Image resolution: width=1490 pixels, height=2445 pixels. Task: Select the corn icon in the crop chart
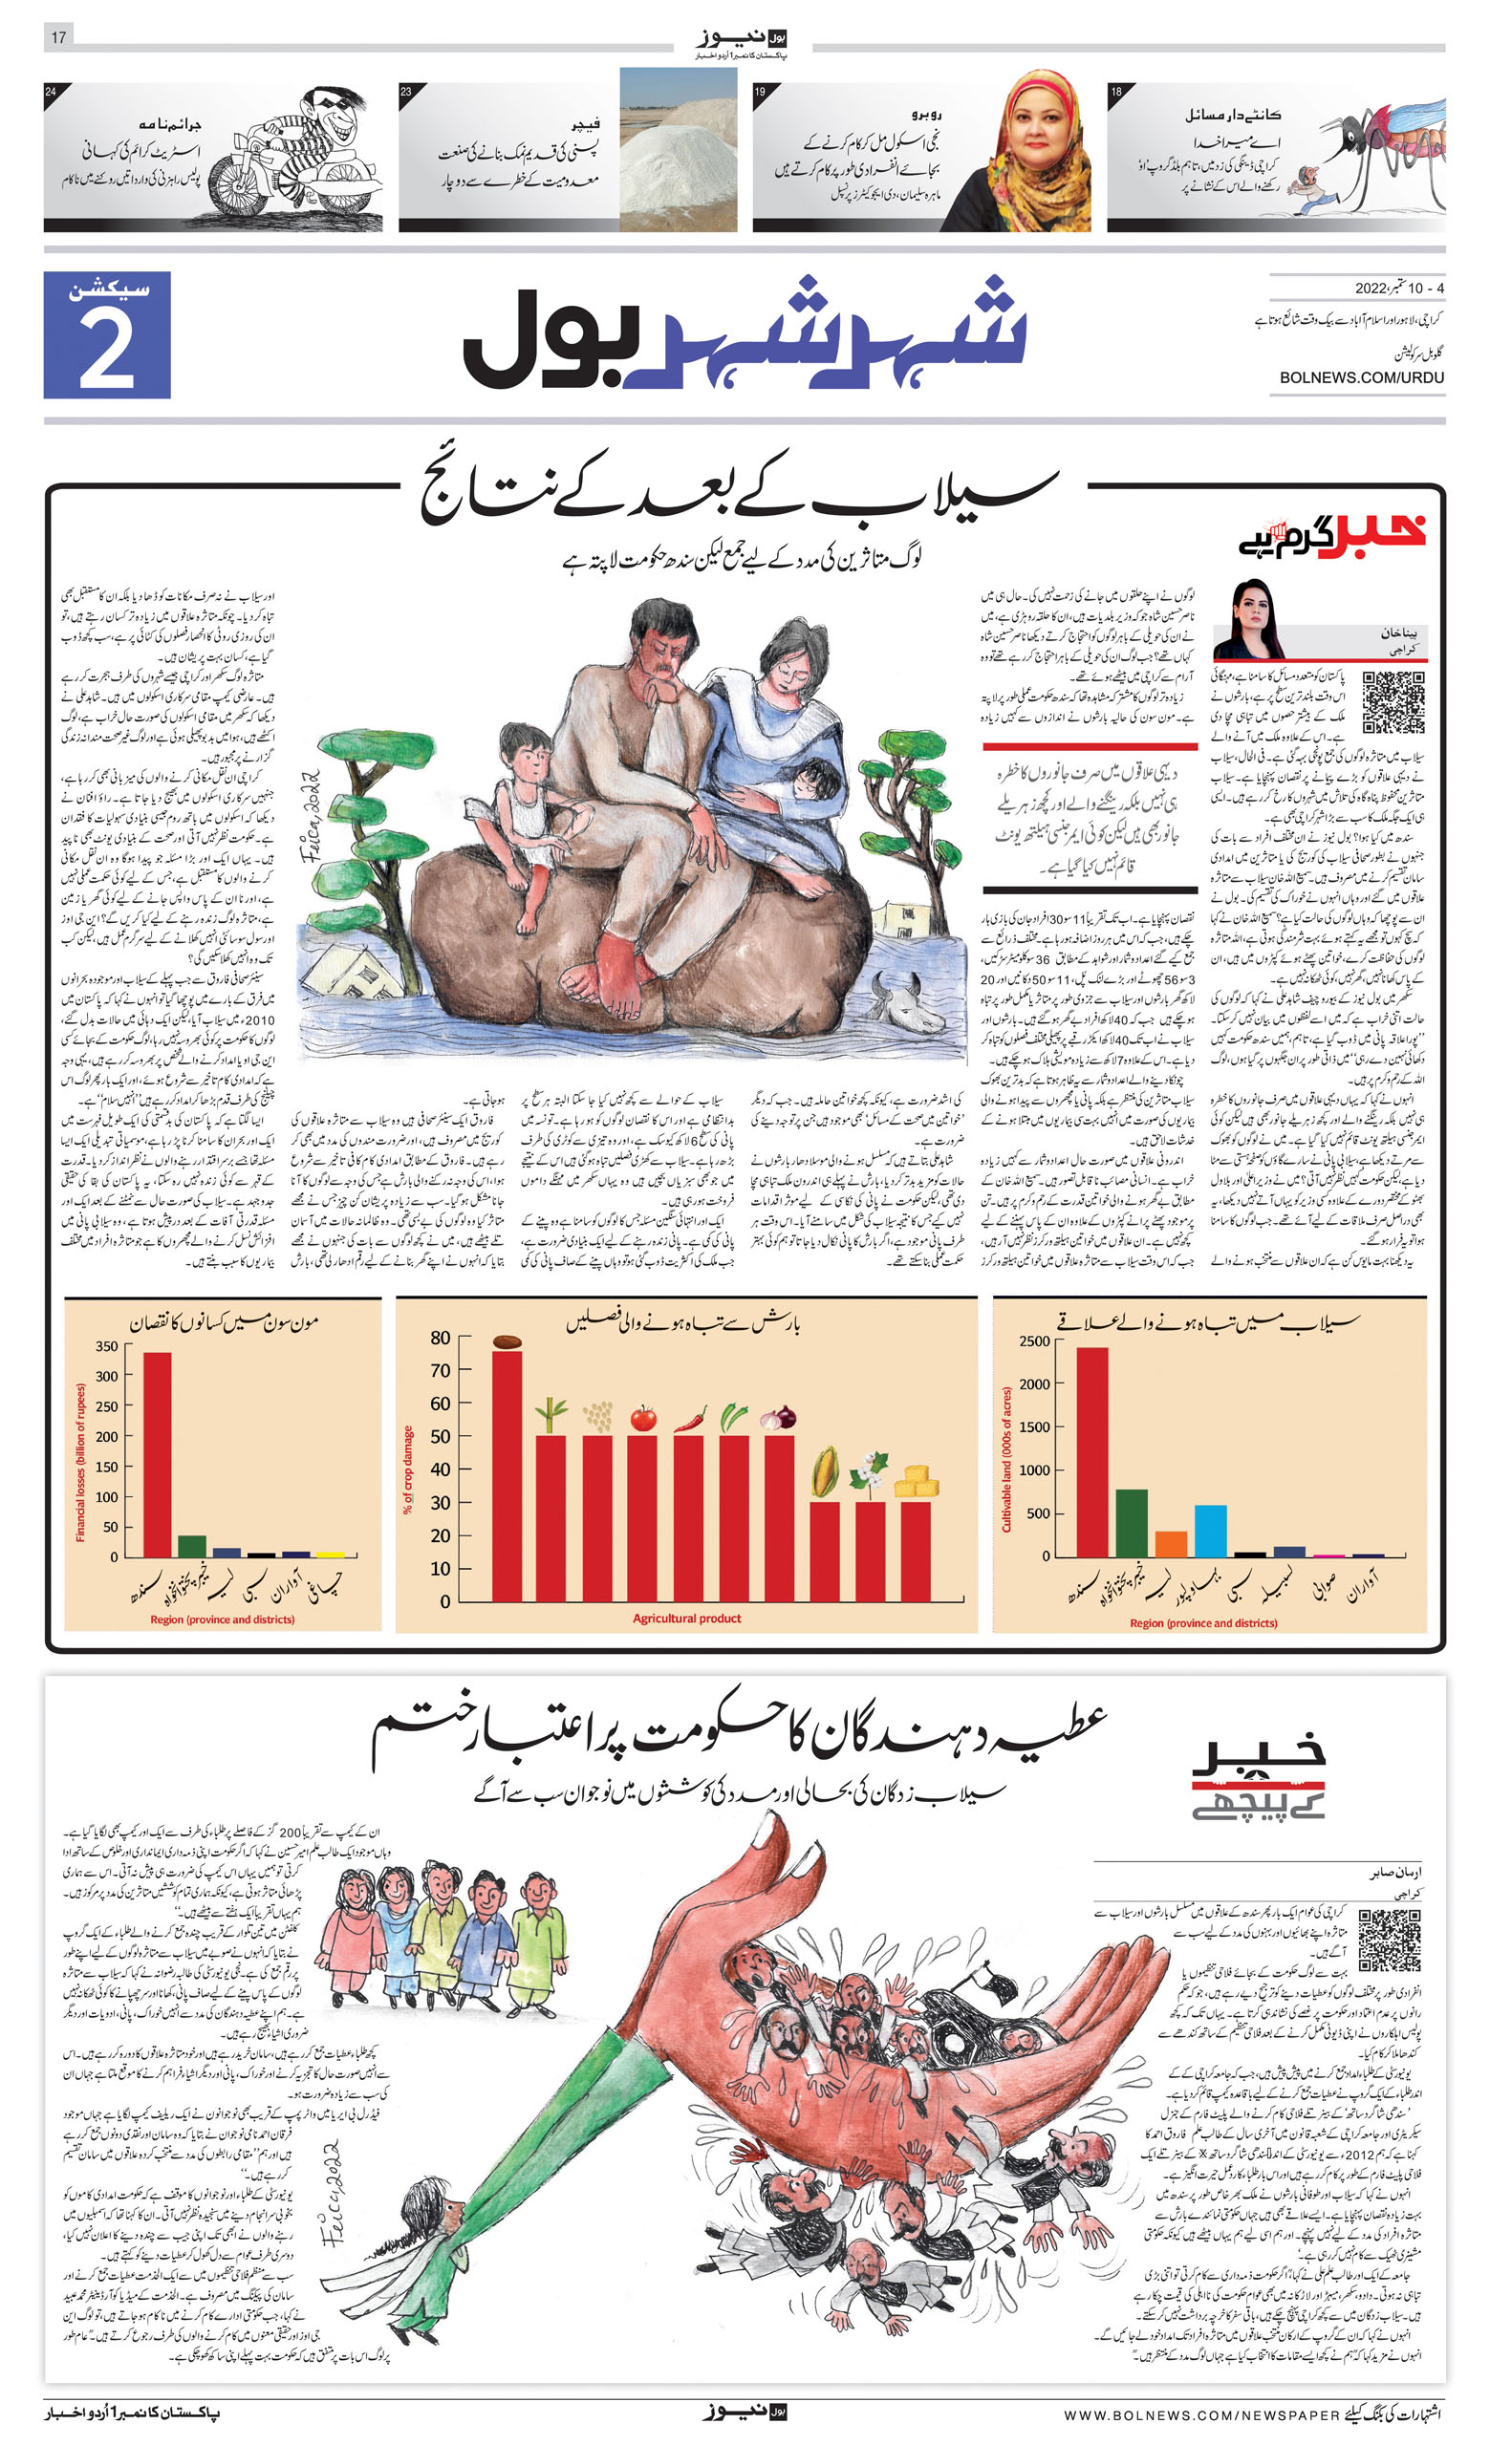(825, 1471)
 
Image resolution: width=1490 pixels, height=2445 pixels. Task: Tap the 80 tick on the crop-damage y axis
(440, 1338)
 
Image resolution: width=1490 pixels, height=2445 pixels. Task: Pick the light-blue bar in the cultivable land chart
(1210, 1530)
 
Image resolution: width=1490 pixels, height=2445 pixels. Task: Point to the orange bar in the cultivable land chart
(1171, 1543)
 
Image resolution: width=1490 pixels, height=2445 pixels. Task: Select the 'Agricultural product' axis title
(687, 1619)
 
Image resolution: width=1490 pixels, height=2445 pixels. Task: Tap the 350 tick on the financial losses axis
(106, 1346)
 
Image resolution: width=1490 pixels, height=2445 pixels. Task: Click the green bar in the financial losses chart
(191, 1546)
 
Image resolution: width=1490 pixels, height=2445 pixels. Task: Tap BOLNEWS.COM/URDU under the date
(1361, 377)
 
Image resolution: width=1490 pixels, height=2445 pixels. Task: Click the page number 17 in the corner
(58, 36)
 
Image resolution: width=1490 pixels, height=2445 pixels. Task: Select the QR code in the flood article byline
(1393, 701)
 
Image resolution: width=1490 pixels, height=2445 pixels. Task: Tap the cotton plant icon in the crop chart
(870, 1471)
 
